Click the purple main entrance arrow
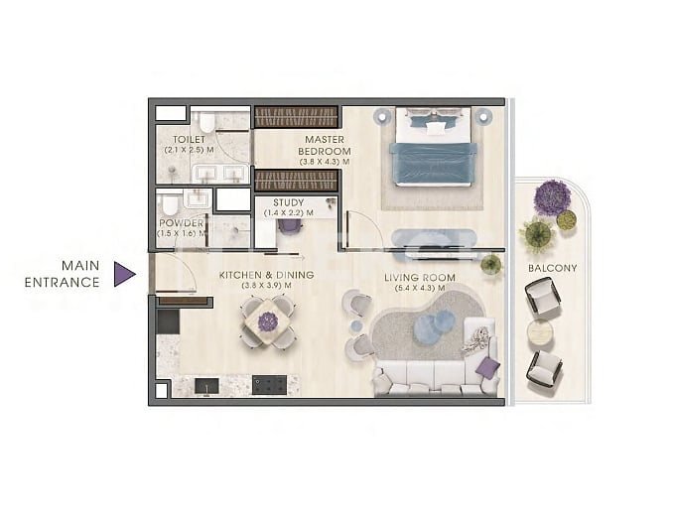coord(124,274)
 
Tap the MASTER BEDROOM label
coord(325,146)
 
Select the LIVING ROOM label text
coord(420,278)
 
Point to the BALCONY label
coord(552,268)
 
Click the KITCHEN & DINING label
coord(267,275)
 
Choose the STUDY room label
coord(289,202)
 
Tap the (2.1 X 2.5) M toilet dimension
coord(189,150)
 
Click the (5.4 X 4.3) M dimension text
coord(420,289)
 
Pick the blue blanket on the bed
coord(433,164)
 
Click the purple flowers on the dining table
coord(268,321)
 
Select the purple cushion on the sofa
coord(488,368)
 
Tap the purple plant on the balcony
coord(552,197)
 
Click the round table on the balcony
coord(540,333)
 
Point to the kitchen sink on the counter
coord(206,386)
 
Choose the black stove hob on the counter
coord(269,385)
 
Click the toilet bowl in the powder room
coord(169,205)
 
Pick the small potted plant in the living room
coord(491,264)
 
